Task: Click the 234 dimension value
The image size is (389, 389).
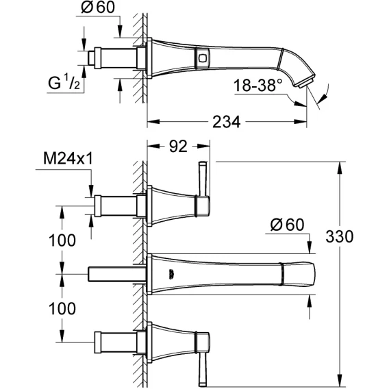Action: click(x=227, y=122)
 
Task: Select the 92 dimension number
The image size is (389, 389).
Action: click(x=178, y=147)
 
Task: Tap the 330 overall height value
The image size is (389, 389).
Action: click(x=340, y=236)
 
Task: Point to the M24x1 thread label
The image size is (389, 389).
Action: click(x=68, y=158)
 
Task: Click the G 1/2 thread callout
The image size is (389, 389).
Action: click(x=64, y=82)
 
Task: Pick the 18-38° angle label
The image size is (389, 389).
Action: click(x=258, y=85)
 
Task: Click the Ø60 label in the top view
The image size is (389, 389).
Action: click(x=98, y=8)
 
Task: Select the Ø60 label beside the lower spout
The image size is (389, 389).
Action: click(x=287, y=225)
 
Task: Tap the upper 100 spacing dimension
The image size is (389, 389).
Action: click(x=62, y=240)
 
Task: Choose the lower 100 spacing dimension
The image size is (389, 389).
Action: click(x=62, y=308)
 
